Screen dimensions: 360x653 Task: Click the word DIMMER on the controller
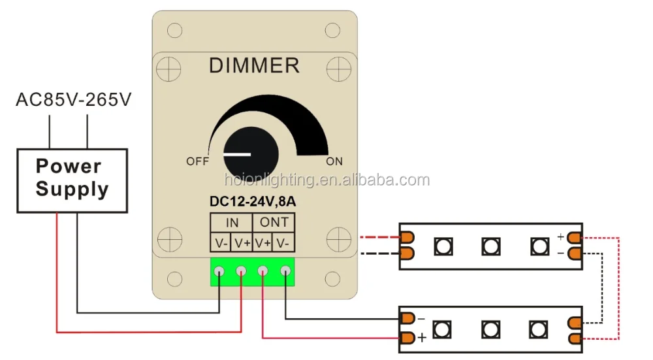coord(254,66)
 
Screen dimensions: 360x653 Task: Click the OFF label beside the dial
coord(197,161)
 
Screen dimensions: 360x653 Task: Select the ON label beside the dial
coord(334,161)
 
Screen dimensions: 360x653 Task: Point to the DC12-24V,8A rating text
coord(253,202)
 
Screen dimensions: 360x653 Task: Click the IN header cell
coord(231,222)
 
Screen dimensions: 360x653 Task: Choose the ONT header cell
coord(274,222)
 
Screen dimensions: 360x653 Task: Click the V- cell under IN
coord(221,243)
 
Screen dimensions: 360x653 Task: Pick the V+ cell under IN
coord(242,243)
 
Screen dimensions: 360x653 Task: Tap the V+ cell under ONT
coord(263,243)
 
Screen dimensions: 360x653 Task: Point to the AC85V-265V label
coord(74,100)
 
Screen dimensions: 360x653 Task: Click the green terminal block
coord(252,272)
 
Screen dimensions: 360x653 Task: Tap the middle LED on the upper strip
coord(491,246)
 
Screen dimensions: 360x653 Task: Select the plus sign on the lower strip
coord(422,338)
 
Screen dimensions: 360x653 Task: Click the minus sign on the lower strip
coord(422,318)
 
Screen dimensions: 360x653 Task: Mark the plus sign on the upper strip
coord(560,236)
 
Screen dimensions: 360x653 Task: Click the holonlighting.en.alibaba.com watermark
coord(326,180)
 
